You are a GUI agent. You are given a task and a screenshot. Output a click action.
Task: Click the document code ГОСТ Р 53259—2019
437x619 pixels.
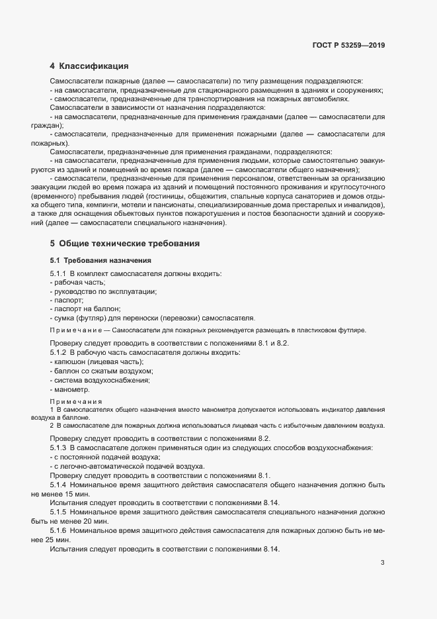pos(348,46)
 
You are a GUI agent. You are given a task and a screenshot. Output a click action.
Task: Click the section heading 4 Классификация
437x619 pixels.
pos(89,66)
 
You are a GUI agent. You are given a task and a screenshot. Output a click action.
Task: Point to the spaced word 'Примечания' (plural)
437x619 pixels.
pos(76,402)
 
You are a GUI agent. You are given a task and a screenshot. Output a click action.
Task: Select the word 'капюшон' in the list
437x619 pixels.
pos(69,362)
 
